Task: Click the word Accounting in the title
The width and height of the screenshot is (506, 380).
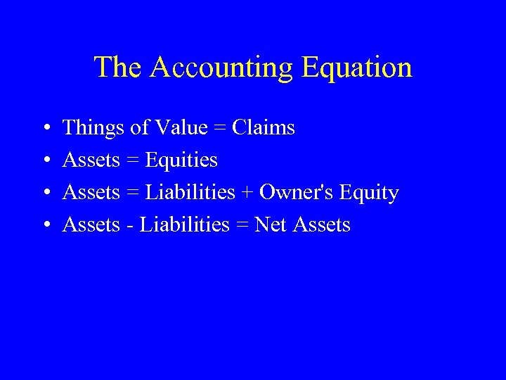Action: [x=221, y=68]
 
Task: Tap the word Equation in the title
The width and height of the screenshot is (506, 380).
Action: [x=356, y=68]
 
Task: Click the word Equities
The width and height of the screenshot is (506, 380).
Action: [x=181, y=160]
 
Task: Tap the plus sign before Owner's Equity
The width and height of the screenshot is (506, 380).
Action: [x=247, y=194]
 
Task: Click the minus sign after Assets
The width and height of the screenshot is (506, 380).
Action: [x=130, y=226]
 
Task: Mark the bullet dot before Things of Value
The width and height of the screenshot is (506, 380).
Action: [x=44, y=129]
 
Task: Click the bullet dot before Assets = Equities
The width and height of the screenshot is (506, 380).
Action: [x=44, y=161]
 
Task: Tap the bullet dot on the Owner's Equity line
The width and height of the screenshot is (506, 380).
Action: [x=44, y=194]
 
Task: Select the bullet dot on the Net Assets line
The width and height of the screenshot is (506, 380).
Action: [x=44, y=226]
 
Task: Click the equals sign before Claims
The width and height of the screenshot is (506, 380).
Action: [x=219, y=129]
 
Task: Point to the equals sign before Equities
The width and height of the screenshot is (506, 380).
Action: [x=132, y=161]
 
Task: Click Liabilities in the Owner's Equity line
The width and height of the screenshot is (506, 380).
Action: [x=190, y=193]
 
